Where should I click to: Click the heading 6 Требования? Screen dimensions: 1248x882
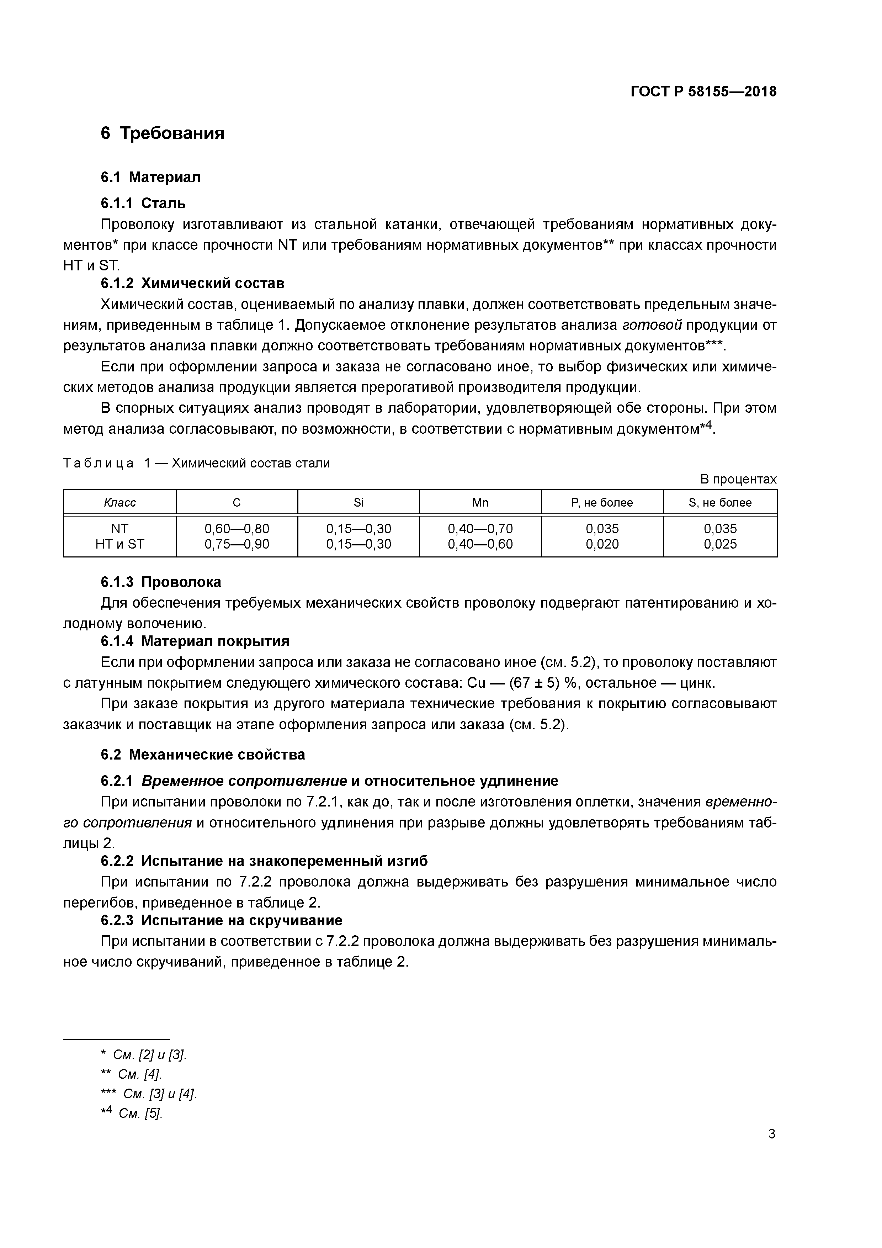(163, 133)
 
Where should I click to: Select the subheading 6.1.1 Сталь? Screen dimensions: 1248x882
(143, 203)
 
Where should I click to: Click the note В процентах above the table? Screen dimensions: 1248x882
(738, 480)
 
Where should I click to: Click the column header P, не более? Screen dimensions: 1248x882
(602, 503)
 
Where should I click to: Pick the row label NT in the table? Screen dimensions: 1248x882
(119, 529)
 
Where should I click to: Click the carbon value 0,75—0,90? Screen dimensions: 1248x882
(237, 544)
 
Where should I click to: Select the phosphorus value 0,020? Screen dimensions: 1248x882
(602, 544)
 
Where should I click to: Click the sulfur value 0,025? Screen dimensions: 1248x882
(720, 544)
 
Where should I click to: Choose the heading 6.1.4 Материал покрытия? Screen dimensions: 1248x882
(195, 641)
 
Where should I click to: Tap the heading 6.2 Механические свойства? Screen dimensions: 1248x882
(203, 755)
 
